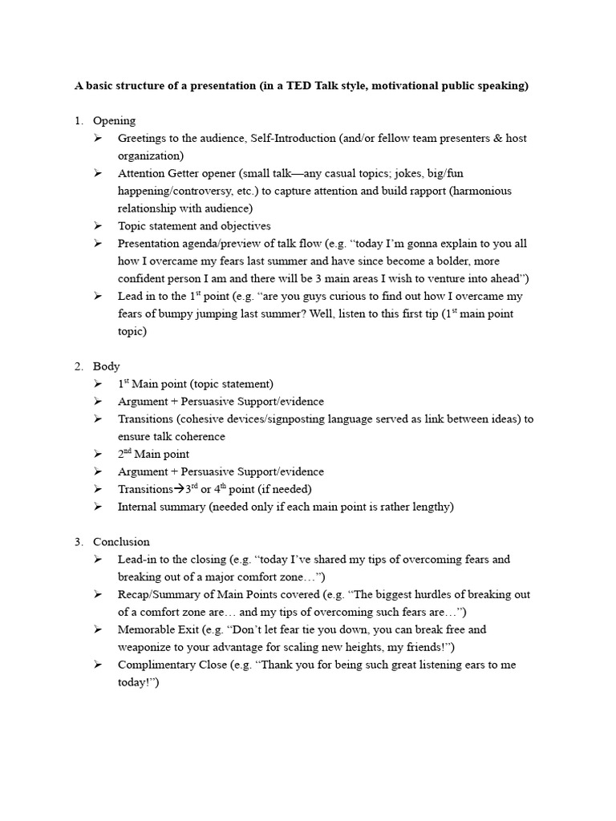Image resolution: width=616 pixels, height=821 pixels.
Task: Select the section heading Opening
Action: pos(114,121)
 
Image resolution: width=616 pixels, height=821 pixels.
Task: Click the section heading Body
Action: pos(106,366)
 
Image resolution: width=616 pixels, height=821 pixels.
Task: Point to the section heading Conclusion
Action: pos(121,542)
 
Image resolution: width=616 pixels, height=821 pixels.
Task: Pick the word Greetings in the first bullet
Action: pos(141,139)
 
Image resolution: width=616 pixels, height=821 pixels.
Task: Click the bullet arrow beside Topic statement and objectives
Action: pos(97,226)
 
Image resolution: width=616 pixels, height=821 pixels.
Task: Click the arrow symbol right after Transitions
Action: pos(179,489)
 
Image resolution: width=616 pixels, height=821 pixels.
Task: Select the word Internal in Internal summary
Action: pos(138,507)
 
